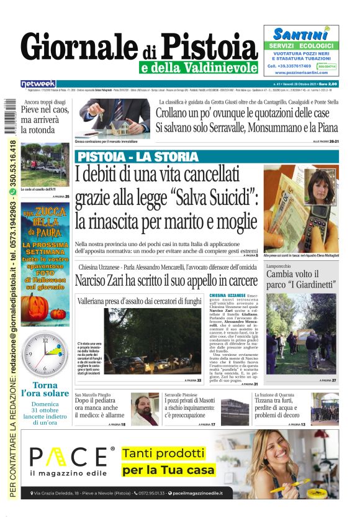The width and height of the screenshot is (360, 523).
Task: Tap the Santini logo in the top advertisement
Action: coord(300,34)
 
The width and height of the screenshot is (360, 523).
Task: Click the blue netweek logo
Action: coord(38,83)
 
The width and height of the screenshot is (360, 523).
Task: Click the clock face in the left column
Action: coord(45,355)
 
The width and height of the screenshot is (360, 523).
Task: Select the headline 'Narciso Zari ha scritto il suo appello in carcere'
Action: coord(166,280)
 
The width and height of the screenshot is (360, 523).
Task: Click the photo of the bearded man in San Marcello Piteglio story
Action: coord(144,408)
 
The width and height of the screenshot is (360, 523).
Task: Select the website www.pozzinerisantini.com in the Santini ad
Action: coord(301,73)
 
